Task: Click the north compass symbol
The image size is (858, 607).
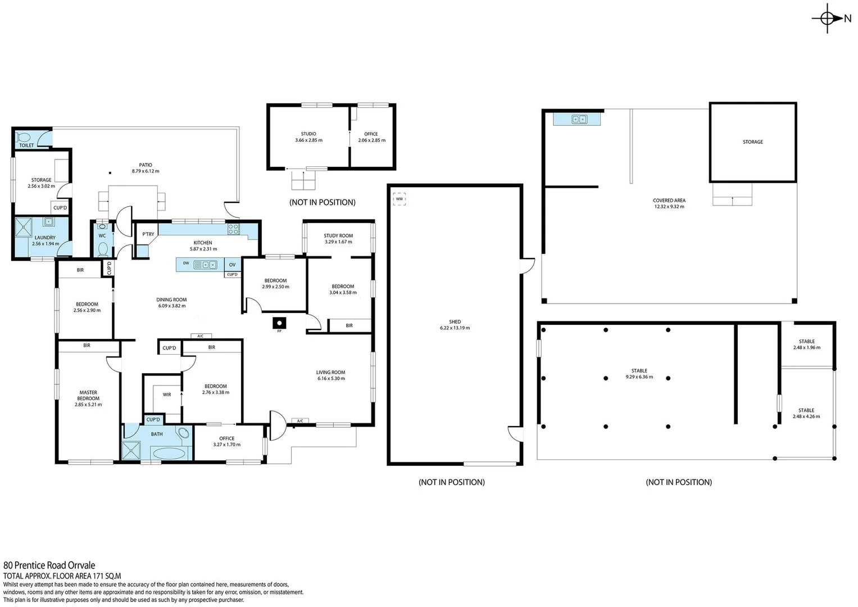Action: (827, 19)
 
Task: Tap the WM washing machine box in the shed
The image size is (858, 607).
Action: (399, 199)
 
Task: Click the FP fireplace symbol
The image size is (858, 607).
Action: (279, 323)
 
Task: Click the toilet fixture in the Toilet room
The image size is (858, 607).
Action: (24, 137)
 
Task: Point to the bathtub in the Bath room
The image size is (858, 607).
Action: (169, 453)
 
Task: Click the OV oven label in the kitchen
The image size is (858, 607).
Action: (232, 265)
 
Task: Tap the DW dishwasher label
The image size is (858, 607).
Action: (186, 263)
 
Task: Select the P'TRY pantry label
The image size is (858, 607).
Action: (148, 234)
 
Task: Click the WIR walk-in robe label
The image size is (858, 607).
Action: (167, 395)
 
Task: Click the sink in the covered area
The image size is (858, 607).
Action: (579, 119)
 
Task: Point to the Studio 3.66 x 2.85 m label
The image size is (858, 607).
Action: (308, 137)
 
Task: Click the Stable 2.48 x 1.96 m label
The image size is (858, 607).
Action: (806, 345)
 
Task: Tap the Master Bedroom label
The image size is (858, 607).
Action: (88, 398)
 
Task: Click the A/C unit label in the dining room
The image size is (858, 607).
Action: (201, 336)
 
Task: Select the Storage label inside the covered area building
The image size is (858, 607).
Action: (752, 142)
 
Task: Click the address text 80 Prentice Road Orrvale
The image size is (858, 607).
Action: (49, 565)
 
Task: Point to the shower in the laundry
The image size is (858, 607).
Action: (24, 228)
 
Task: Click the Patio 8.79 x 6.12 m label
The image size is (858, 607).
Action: (146, 168)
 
